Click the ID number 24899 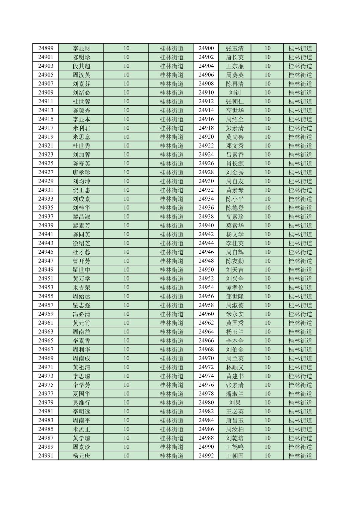46,48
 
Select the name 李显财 81,48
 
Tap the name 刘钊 235,92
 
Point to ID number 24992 206,456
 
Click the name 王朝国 235,456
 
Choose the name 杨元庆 81,456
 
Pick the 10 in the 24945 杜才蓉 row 126,252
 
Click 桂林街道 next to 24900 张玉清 300,48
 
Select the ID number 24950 206,270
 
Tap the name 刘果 235,402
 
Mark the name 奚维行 81,402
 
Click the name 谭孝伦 235,288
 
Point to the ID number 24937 46,216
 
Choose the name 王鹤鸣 235,447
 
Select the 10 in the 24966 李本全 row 267,340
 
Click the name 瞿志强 81,305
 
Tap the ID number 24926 206,164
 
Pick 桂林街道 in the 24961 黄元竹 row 171,323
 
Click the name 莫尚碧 235,137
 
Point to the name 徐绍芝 81,243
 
